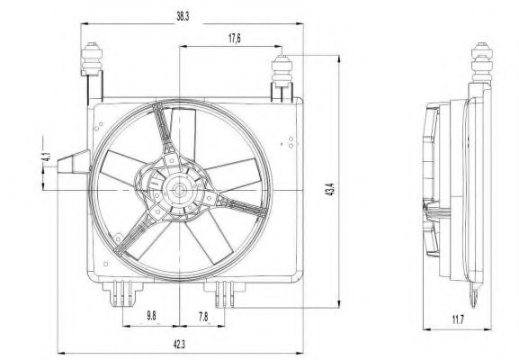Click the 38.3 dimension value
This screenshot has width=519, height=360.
click(x=183, y=16)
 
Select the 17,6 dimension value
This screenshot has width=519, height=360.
click(x=235, y=39)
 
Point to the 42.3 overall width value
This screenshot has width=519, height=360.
click(x=179, y=345)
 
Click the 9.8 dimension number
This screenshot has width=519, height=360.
click(x=151, y=316)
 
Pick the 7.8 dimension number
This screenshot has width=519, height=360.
click(x=203, y=317)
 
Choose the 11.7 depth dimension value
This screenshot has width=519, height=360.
click(x=458, y=319)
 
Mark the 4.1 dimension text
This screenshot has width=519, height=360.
click(x=48, y=157)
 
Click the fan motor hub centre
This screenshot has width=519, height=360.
click(x=179, y=190)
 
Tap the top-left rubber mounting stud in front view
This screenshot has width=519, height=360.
click(x=92, y=58)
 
